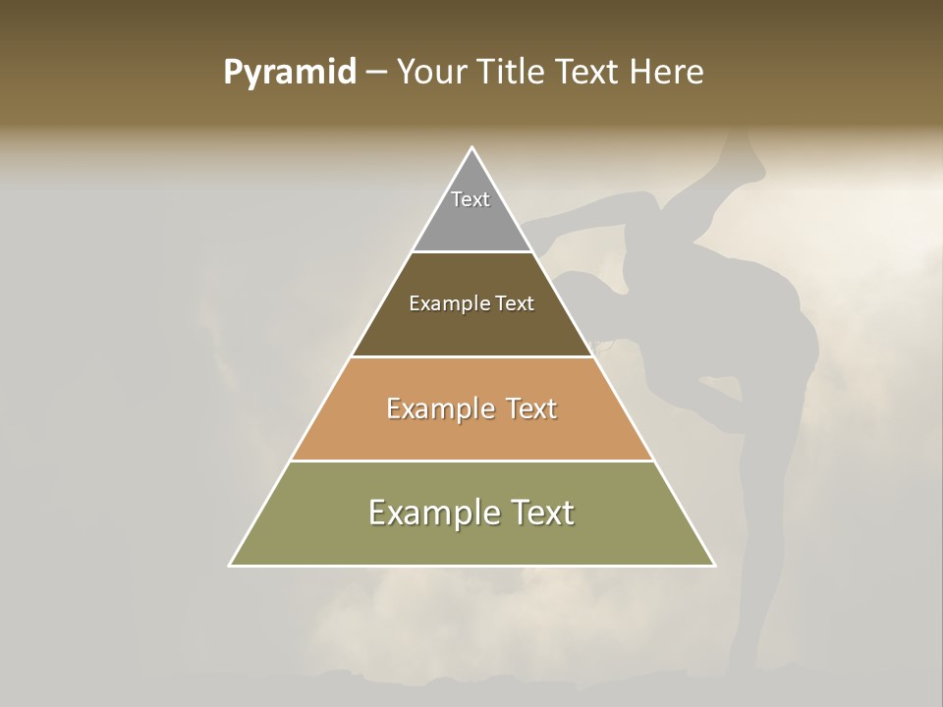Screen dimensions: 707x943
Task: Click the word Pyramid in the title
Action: click(289, 73)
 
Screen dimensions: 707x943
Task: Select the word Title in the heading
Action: click(515, 73)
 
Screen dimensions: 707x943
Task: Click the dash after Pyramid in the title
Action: click(375, 73)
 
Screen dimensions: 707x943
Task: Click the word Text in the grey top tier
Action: click(471, 199)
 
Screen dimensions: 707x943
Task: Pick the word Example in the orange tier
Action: click(438, 408)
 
